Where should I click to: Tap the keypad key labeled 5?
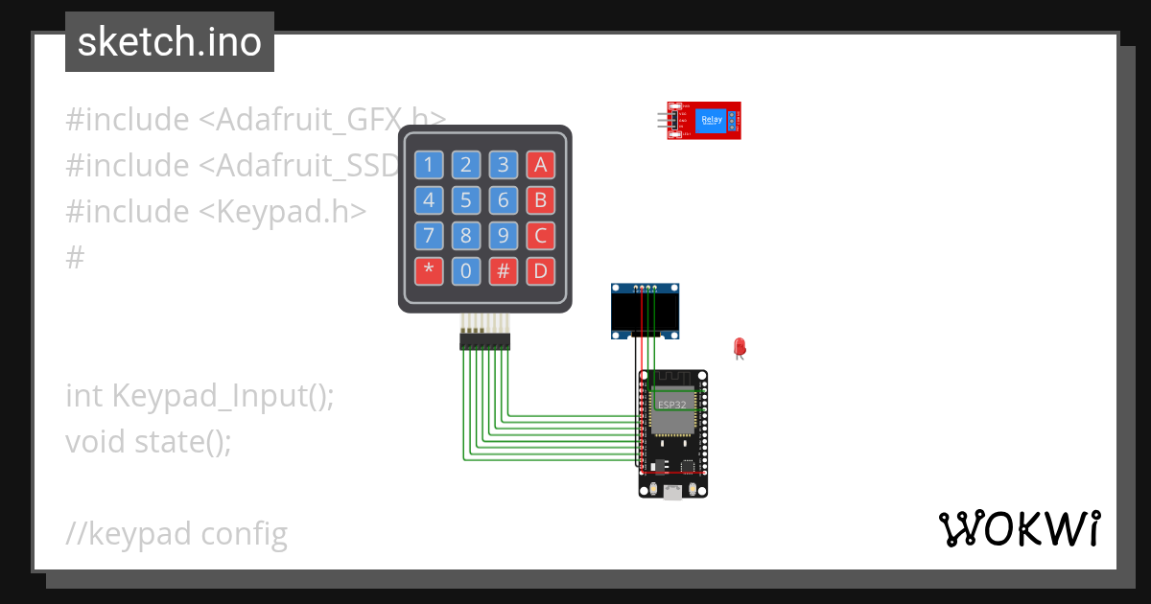465,200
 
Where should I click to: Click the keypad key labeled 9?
503,236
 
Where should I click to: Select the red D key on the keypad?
540,271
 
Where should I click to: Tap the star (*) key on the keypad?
428,271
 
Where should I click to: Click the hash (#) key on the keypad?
503,271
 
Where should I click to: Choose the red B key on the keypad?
540,200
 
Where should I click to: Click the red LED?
740,347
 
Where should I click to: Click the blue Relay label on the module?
712,120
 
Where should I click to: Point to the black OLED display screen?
646,313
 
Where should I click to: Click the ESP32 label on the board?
672,405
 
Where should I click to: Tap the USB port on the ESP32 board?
673,493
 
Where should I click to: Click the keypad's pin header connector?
484,340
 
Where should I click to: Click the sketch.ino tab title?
170,42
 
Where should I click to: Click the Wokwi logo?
1019,529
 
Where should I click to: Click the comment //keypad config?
176,533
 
